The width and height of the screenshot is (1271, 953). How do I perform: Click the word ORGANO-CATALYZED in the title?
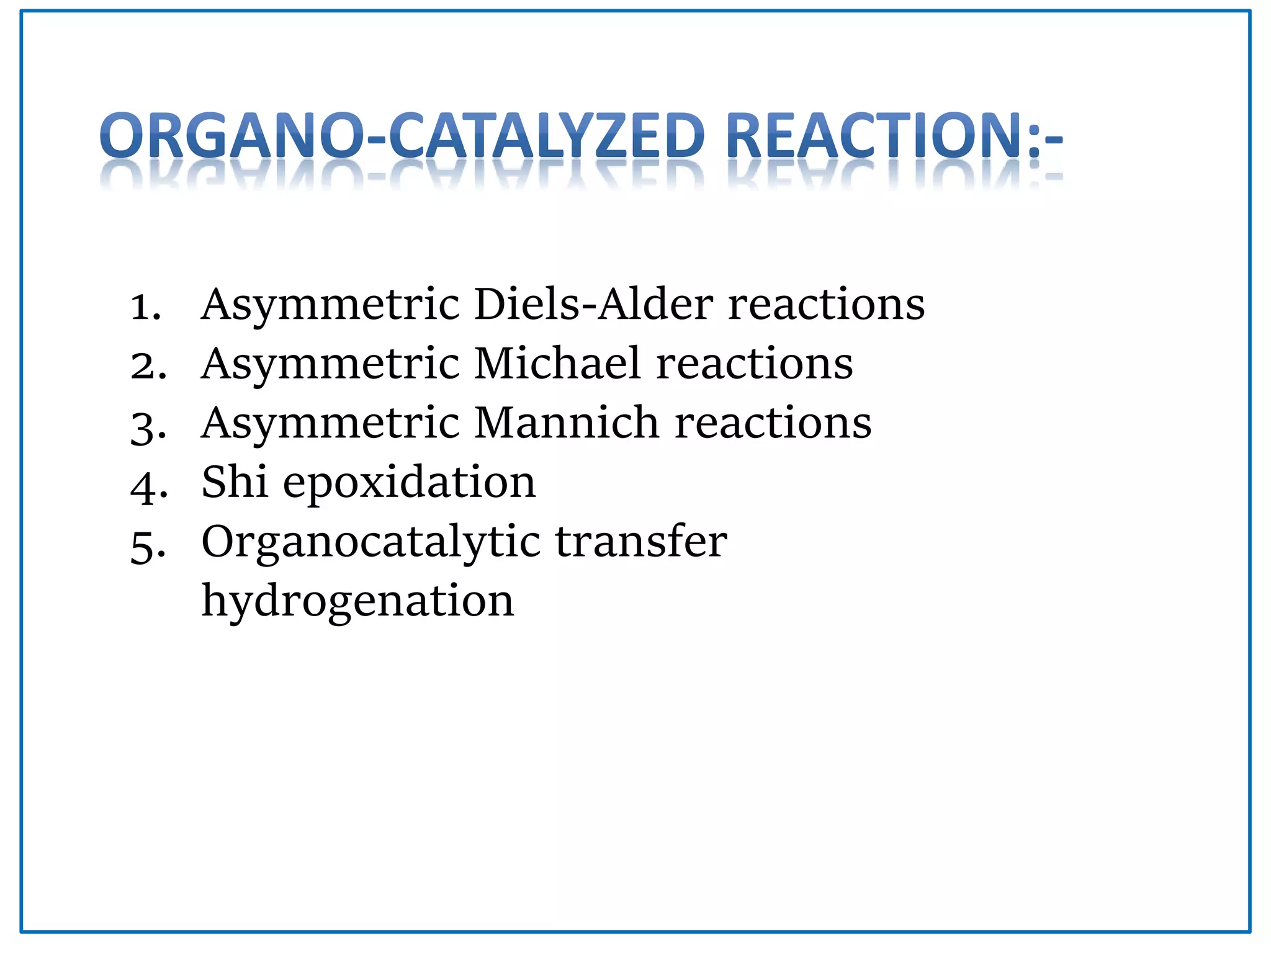click(x=402, y=135)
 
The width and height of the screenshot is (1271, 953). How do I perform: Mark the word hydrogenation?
click(x=358, y=602)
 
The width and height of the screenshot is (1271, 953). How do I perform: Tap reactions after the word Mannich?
click(x=773, y=423)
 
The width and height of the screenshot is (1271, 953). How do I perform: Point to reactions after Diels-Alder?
click(x=826, y=305)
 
